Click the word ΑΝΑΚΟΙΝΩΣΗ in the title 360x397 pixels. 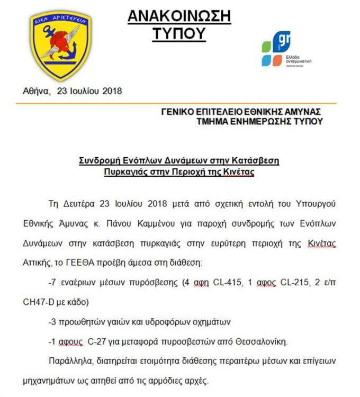(179, 16)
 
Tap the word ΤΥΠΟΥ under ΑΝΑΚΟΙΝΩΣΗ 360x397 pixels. (179, 34)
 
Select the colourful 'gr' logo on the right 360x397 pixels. (280, 49)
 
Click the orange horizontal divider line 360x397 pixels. (180, 103)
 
